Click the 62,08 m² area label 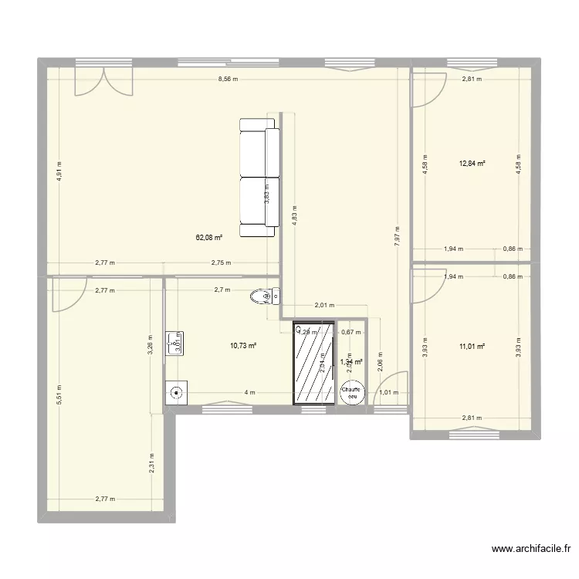point(209,238)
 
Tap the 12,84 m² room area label point(472,163)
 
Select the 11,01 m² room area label point(472,347)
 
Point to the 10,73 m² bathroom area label point(244,347)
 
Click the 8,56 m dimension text point(228,80)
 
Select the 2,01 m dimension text point(324,304)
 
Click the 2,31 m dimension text point(151,462)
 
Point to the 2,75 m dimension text point(222,263)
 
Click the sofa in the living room point(259,178)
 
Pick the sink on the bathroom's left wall point(173,341)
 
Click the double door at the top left point(103,81)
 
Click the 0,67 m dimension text point(351,333)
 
